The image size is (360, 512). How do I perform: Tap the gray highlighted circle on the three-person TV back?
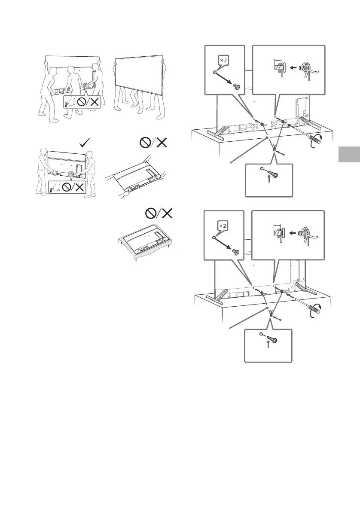click(x=88, y=86)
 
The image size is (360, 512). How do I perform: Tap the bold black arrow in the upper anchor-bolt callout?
click(x=294, y=67)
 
